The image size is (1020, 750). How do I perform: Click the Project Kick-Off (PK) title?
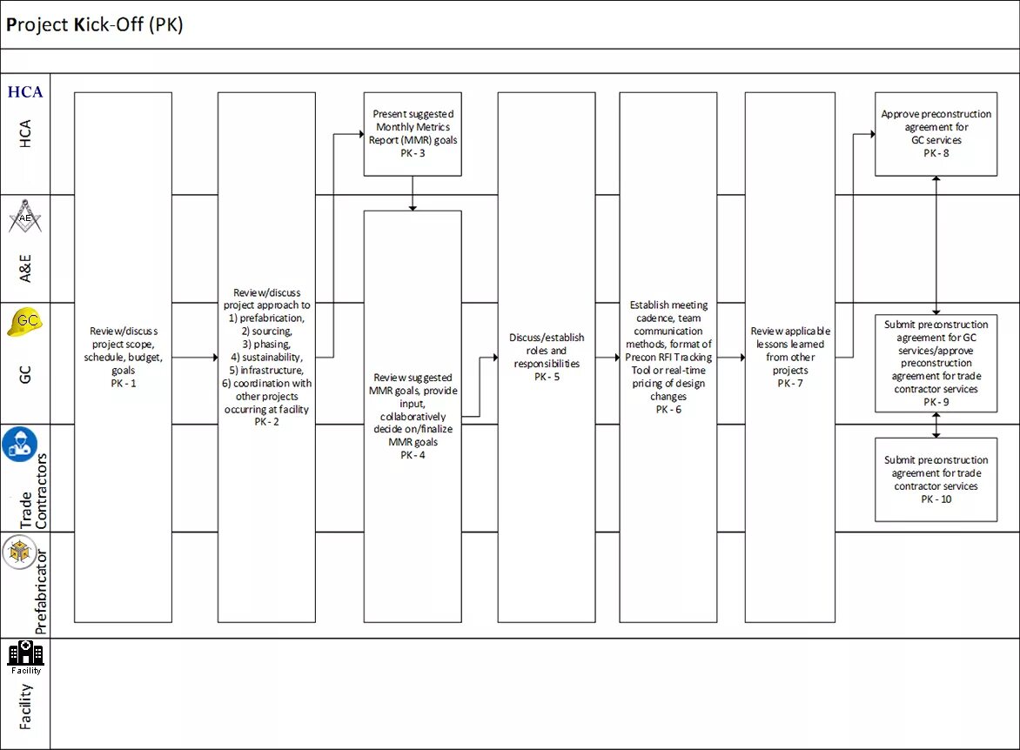(95, 24)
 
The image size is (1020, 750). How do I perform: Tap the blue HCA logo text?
(25, 92)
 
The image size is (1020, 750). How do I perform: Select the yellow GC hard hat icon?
(25, 321)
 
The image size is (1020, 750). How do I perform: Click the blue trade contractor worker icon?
(20, 444)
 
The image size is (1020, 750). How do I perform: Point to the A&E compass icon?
(25, 218)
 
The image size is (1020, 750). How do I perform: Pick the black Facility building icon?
(25, 658)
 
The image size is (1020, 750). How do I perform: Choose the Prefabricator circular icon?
(19, 552)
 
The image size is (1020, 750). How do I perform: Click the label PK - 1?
(124, 384)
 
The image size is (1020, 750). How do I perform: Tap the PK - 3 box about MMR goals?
(413, 134)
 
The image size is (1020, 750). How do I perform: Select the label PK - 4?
(413, 455)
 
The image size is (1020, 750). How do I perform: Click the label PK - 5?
(547, 377)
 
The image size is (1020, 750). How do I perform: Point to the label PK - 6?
(668, 410)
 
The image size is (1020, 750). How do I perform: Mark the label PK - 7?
(790, 384)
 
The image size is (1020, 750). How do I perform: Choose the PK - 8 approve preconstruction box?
(936, 134)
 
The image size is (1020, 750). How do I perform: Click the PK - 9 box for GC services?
(936, 363)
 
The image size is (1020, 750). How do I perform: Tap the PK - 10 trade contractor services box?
(936, 479)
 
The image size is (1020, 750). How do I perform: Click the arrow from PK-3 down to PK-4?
(413, 193)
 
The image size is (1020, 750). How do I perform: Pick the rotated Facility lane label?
(25, 706)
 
